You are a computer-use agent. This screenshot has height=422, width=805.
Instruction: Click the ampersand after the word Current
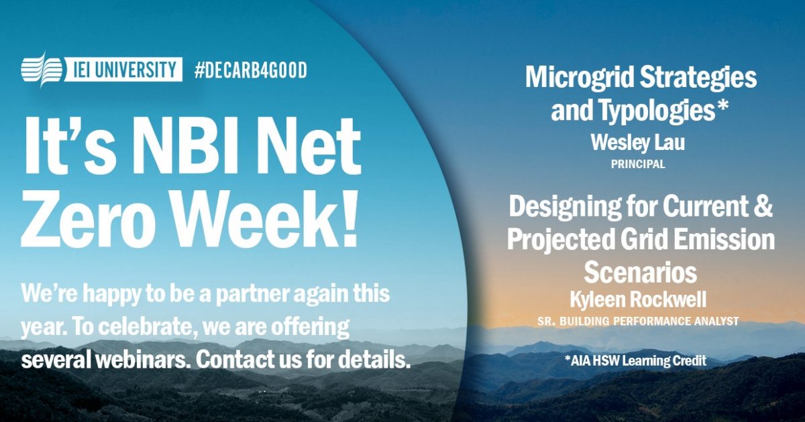pyautogui.click(x=764, y=208)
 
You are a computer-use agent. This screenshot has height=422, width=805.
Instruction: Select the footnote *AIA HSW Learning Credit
pyautogui.click(x=635, y=361)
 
